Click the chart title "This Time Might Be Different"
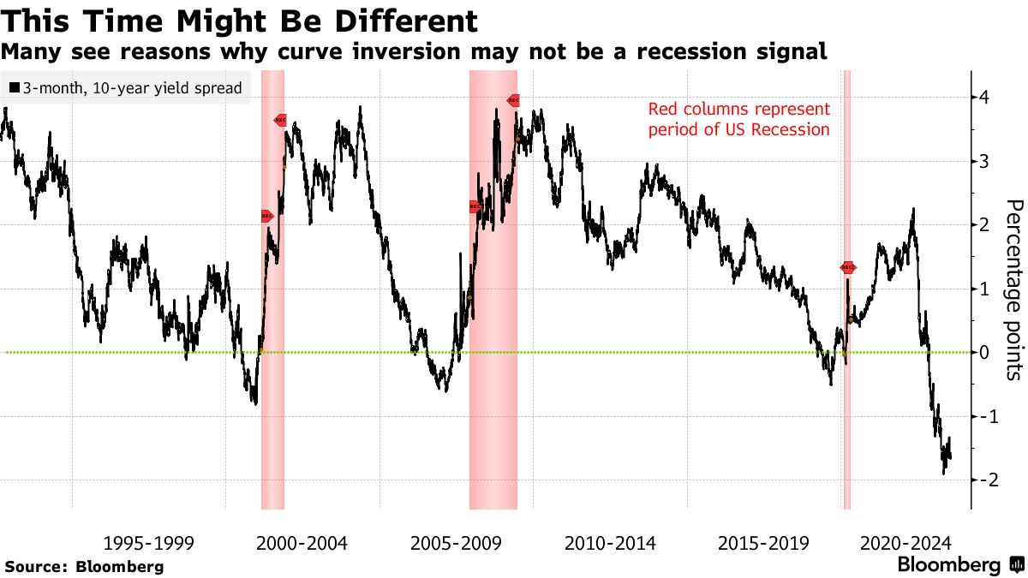pos(240,21)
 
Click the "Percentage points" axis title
pos(1013,289)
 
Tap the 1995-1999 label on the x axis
pos(148,543)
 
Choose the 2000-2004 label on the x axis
pos(302,543)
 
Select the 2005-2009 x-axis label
pos(456,543)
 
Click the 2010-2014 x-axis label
pos(610,543)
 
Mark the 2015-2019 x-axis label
pos(763,543)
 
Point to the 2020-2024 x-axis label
pos(905,543)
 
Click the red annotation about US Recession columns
pos(738,120)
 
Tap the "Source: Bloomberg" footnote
pos(84,566)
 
